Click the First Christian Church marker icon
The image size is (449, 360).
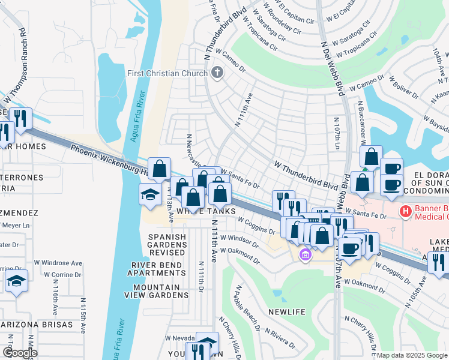point(217,73)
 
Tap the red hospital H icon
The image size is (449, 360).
point(406,211)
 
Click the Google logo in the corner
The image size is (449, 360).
point(20,352)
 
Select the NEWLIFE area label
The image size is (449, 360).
point(287,313)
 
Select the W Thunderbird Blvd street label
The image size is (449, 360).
point(306,175)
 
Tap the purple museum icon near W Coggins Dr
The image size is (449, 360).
point(306,256)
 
